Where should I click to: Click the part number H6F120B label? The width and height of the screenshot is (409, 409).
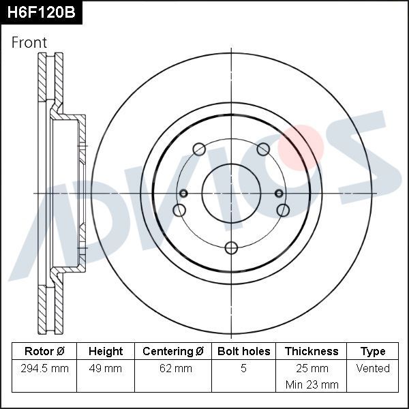click(41, 12)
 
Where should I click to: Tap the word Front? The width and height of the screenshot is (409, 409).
click(29, 42)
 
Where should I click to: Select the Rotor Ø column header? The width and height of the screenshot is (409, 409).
click(44, 351)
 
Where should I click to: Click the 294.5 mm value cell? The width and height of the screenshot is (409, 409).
click(44, 368)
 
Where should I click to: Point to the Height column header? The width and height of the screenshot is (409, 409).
click(106, 351)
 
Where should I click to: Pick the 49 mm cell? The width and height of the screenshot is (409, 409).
click(106, 368)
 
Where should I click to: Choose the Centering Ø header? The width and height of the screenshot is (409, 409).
click(173, 351)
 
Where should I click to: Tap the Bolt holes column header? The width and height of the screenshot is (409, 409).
click(243, 351)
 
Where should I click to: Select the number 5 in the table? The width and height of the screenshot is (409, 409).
click(243, 368)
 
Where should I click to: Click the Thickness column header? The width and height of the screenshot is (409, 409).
click(312, 351)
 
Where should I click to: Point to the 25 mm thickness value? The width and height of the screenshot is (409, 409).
click(312, 368)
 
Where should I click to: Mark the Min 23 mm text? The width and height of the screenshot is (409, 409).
click(312, 384)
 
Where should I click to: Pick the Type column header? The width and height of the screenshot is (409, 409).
click(373, 351)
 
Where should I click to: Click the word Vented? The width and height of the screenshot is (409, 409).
click(373, 368)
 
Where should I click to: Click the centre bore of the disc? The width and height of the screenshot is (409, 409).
click(231, 194)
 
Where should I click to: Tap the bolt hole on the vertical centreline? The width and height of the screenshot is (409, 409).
click(231, 247)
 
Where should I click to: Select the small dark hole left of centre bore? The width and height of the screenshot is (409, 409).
click(183, 194)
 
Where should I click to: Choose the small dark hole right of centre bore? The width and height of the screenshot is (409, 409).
click(279, 194)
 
